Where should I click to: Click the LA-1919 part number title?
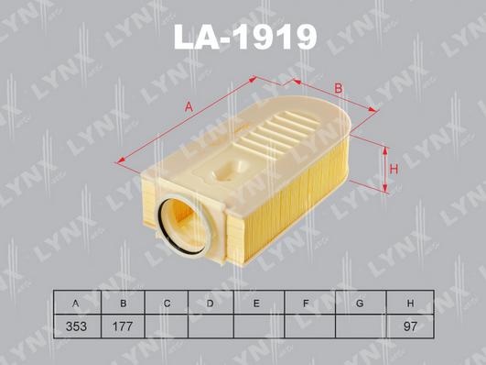[244, 38]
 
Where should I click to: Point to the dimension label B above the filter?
[338, 88]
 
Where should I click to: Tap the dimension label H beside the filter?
[394, 170]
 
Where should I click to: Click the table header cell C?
[167, 303]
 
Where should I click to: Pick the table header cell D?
[211, 303]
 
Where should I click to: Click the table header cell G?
[360, 303]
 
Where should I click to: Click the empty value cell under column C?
[167, 326]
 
